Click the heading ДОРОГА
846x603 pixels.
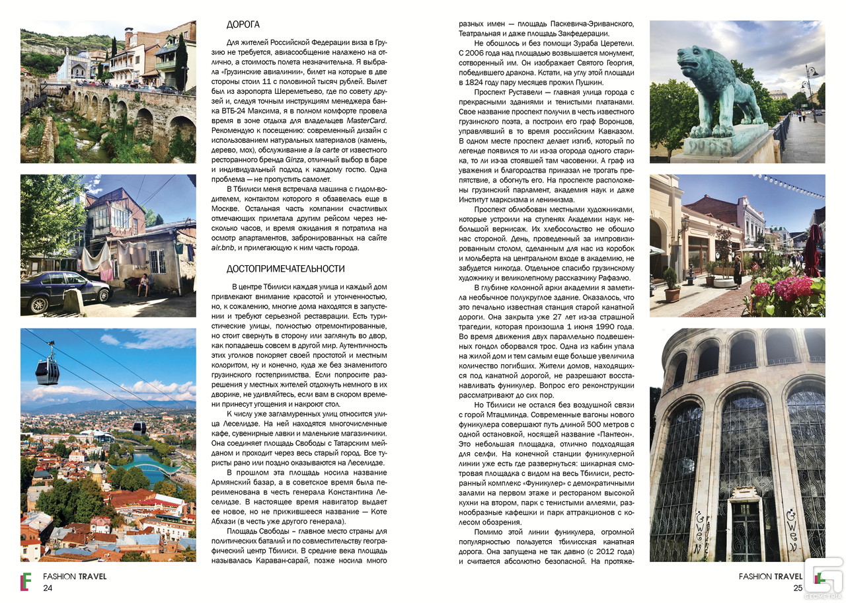(243, 25)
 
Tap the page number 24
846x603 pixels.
(48, 588)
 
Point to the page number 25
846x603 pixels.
(797, 588)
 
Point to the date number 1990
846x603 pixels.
(623, 327)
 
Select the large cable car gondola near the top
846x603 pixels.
(48, 371)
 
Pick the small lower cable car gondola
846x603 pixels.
(139, 426)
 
